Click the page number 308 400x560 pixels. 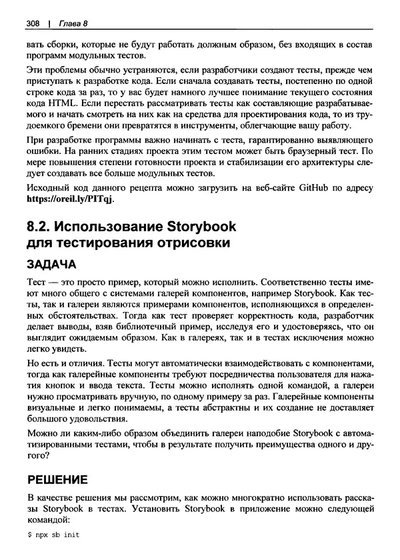tap(33, 24)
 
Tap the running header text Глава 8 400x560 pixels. tap(73, 24)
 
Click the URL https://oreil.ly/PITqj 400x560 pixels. tap(70, 199)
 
